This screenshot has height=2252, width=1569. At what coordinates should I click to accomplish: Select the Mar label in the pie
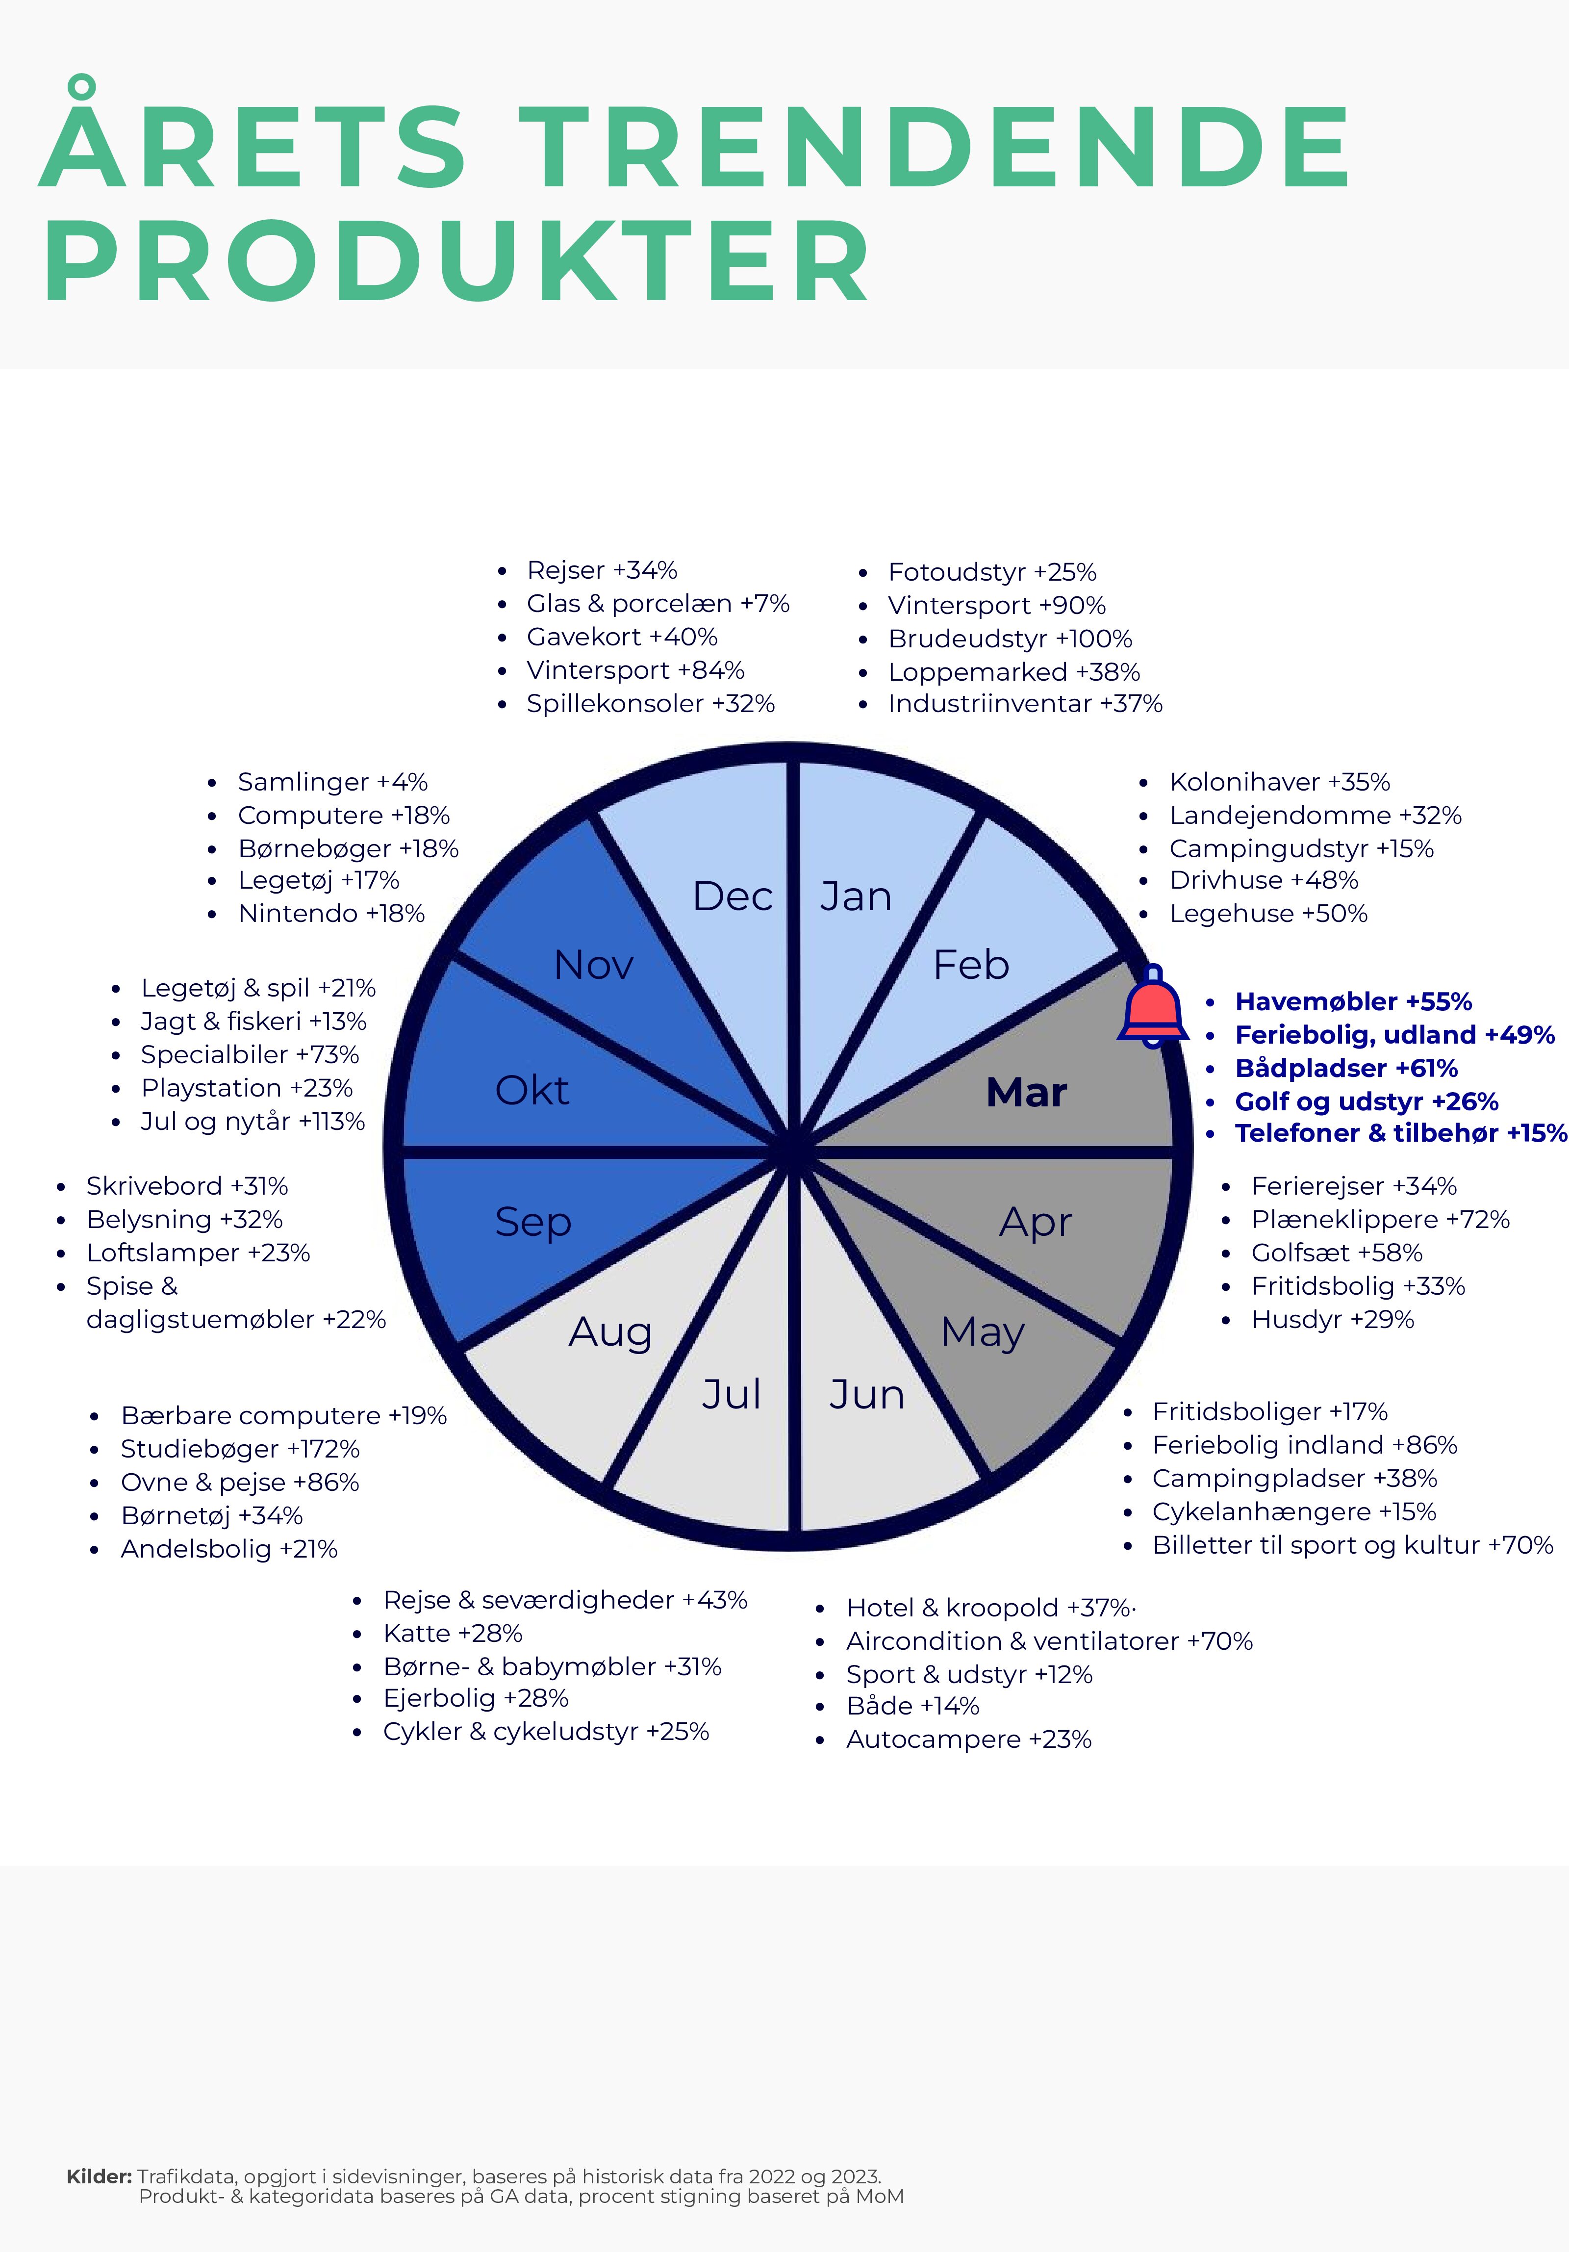coord(1026,1092)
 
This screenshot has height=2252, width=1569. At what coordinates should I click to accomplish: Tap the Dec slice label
coord(733,896)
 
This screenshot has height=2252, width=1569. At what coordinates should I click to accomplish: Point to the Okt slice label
coord(531,1090)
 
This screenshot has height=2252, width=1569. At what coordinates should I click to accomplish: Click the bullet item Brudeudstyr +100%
coord(1010,639)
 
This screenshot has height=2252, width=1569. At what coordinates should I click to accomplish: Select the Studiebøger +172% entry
coord(240,1449)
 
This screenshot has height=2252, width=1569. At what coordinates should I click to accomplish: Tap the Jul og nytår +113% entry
coord(253,1121)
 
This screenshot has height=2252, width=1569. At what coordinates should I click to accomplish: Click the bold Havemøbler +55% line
coord(1353,1001)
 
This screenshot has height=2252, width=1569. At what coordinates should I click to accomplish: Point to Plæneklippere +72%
coord(1381,1219)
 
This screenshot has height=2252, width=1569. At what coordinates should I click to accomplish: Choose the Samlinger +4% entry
coord(332,782)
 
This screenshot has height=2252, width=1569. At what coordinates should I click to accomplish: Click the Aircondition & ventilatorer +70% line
coord(1049,1641)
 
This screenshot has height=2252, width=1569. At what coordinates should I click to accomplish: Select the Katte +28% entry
coord(453,1633)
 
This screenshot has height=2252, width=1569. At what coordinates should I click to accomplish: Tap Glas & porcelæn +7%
coord(658,603)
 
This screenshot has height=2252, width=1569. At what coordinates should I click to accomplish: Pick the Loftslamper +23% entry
coord(198,1253)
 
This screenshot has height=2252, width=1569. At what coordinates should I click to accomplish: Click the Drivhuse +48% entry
coord(1264,880)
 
